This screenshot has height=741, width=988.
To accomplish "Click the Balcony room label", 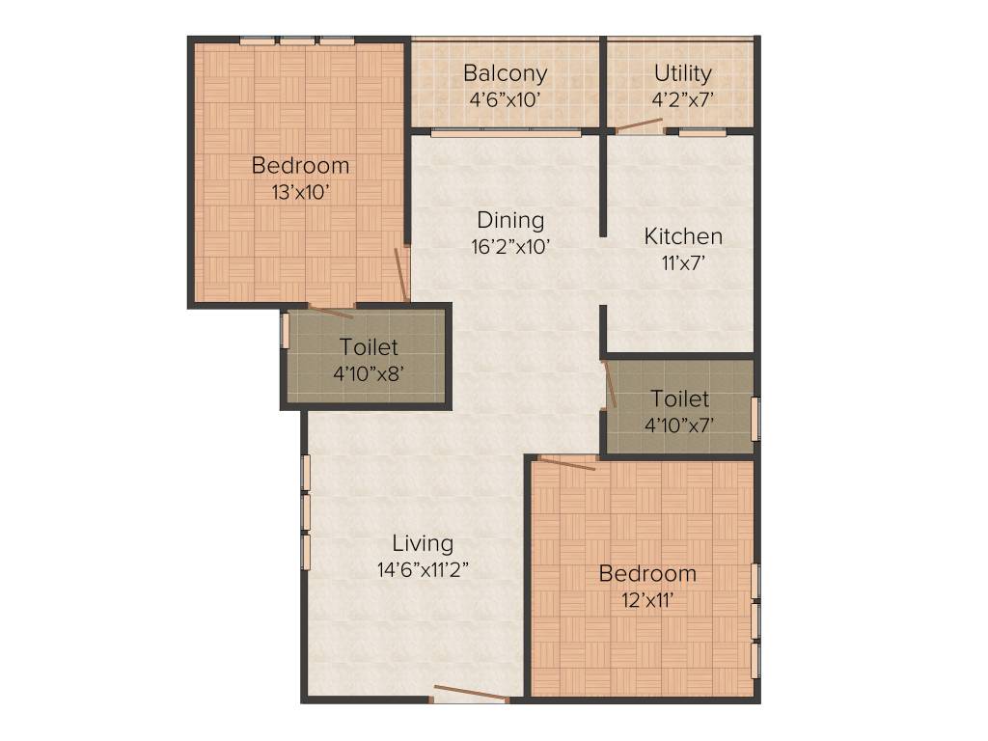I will point(505,73).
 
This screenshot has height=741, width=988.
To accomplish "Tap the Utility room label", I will point(682,73).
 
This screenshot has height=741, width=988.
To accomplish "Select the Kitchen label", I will point(683,236).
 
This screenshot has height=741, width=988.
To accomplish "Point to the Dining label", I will point(509,220).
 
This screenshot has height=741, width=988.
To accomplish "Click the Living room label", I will point(423,543).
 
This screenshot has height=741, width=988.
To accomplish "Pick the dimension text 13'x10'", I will point(300,192).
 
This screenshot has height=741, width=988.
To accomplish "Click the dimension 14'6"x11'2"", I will point(423,569).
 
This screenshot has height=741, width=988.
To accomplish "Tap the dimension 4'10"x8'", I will point(369,373).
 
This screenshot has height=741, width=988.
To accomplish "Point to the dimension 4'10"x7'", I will point(679,425).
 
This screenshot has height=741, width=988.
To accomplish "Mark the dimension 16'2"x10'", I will point(509,246).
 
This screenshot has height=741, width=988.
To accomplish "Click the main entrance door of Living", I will point(470,693).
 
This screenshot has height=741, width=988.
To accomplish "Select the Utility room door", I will point(640,124).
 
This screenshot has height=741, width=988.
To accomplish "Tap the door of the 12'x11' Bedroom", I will point(566,463).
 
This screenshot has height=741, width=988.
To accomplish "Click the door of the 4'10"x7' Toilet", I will point(609,383).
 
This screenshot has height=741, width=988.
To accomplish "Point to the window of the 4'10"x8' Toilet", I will point(285,330).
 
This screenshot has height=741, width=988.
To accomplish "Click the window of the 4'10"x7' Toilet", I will point(755,418).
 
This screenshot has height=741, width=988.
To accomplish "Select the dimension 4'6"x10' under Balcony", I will point(505,98).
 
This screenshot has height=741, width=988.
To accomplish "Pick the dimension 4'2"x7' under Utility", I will point(682,98).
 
